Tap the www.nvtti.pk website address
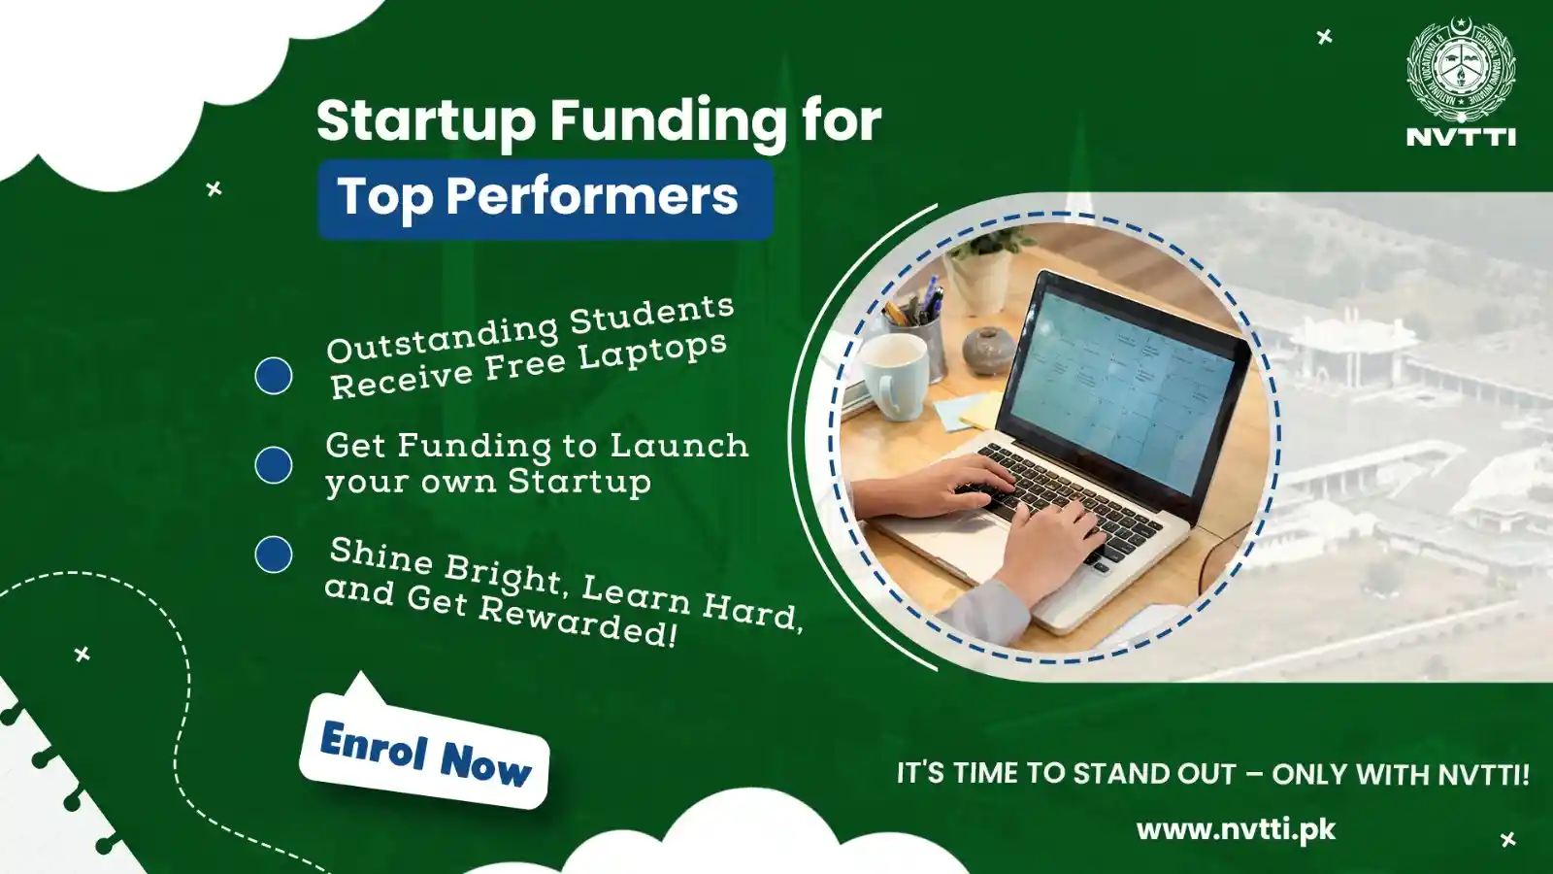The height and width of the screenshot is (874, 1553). tap(1236, 830)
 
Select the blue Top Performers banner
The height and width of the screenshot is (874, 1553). tap(545, 200)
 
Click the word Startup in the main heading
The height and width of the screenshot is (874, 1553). tap(426, 122)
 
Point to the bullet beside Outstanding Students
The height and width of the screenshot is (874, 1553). tap(274, 376)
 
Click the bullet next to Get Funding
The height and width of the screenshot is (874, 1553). tap(274, 465)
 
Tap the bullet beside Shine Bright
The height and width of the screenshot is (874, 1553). tap(274, 555)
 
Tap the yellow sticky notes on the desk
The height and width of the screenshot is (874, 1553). tap(971, 409)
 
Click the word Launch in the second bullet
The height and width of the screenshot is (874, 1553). tap(679, 446)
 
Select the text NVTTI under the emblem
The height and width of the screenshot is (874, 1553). tap(1461, 137)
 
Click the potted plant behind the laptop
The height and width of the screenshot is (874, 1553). tap(984, 267)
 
